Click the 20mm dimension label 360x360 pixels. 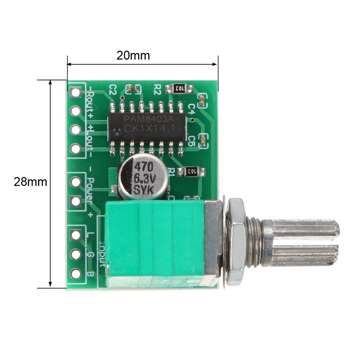coord(133,55)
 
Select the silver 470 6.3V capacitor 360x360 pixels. coord(143,177)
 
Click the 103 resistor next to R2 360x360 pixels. coord(179,88)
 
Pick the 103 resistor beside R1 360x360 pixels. coord(191,171)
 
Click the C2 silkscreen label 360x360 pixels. coord(113,89)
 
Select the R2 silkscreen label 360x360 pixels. coord(157,89)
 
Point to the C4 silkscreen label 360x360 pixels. coord(191,109)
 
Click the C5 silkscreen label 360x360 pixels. coord(191,141)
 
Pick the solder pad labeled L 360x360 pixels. coord(76,235)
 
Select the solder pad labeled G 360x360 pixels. coord(76,255)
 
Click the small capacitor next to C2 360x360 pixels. coord(133,89)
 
